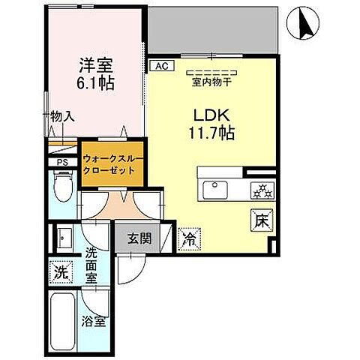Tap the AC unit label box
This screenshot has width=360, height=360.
160,66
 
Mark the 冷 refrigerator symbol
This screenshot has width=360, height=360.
188,240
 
